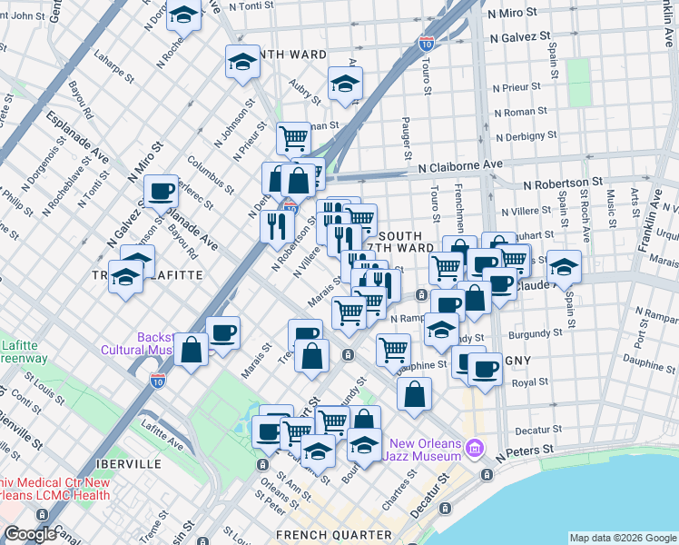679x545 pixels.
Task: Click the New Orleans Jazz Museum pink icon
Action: [x=475, y=448]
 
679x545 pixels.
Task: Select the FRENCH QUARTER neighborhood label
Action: [x=334, y=535]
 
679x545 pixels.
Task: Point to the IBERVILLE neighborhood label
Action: [x=126, y=463]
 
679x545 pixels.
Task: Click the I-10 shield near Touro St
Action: [x=427, y=43]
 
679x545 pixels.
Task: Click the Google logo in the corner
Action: [x=30, y=534]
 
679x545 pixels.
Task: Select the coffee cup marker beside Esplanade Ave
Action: [x=162, y=191]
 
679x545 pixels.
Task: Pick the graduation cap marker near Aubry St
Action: [x=344, y=84]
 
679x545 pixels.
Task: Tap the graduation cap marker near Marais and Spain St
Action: [x=564, y=267]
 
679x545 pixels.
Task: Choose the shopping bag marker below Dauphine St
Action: [x=414, y=394]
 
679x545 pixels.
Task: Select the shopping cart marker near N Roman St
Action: [x=294, y=139]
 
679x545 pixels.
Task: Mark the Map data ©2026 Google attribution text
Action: [x=622, y=538]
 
